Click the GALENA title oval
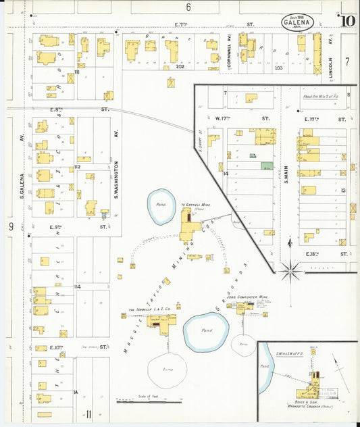pos(298,22)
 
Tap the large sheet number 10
pos(348,21)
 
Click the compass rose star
pos(291,271)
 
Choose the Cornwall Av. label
pos(229,47)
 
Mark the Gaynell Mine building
pos(186,226)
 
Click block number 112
pos(77,167)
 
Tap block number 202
pos(180,66)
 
